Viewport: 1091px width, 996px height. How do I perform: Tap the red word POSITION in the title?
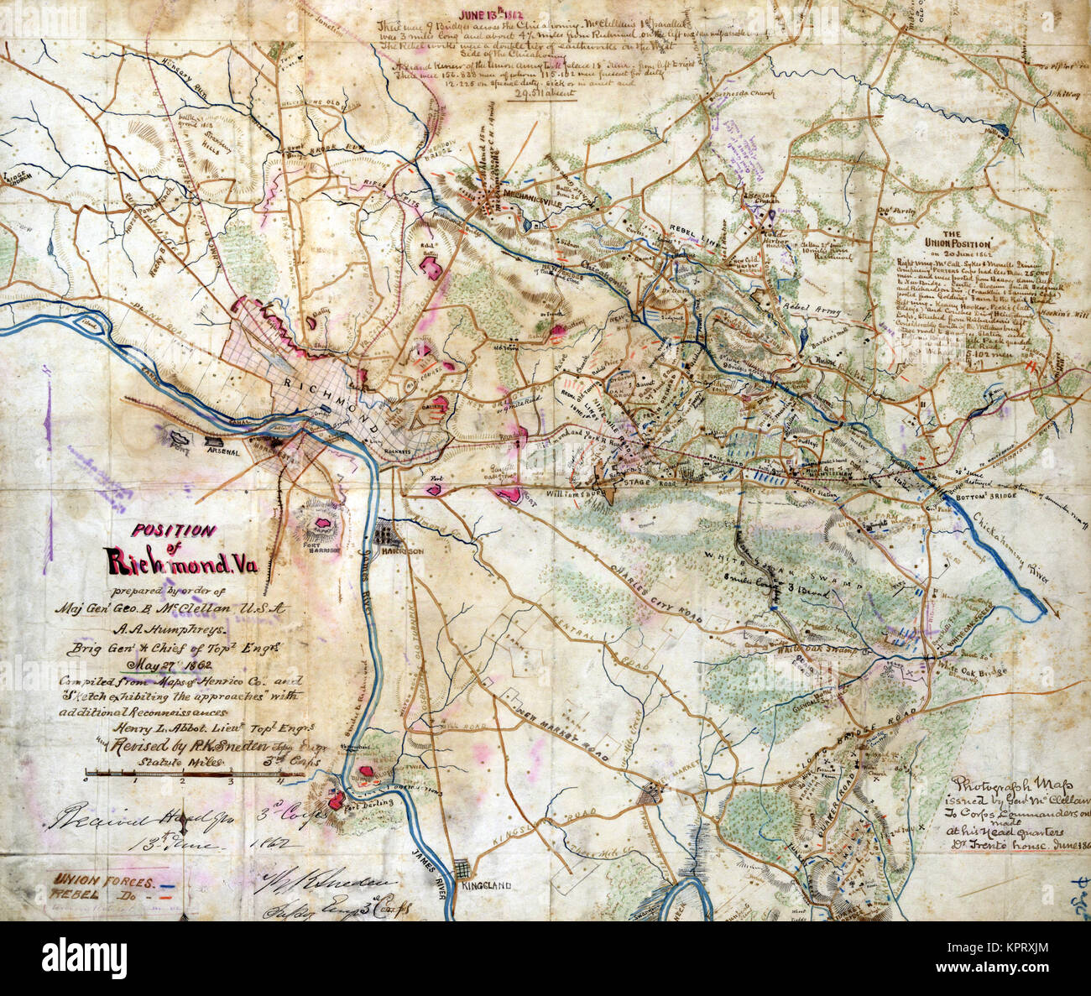(172, 530)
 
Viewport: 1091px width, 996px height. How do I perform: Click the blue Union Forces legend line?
(172, 884)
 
